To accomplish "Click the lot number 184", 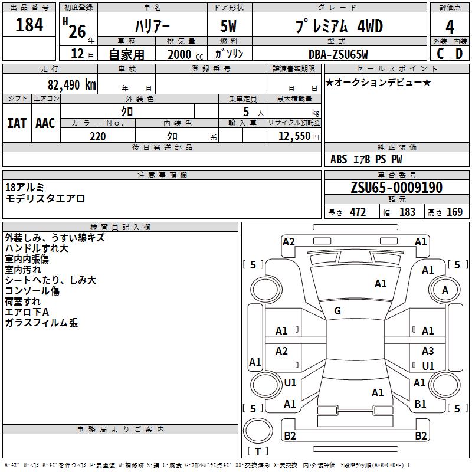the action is pyautogui.click(x=29, y=25).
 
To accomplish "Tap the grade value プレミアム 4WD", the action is pyautogui.click(x=338, y=27).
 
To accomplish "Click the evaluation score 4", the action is pyautogui.click(x=450, y=27).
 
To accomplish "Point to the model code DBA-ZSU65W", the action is pyautogui.click(x=338, y=54).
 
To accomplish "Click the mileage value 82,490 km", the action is pyautogui.click(x=71, y=84).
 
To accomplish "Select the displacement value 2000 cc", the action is pyautogui.click(x=183, y=54).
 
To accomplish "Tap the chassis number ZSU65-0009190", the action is pyautogui.click(x=396, y=188).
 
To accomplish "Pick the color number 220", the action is pyautogui.click(x=97, y=136).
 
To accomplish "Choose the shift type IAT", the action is pyautogui.click(x=17, y=123).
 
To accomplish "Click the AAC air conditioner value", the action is pyautogui.click(x=45, y=123).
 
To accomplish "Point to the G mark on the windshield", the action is pyautogui.click(x=337, y=311).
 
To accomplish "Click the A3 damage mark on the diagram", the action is pyautogui.click(x=428, y=350).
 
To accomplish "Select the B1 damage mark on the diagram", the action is pyautogui.click(x=420, y=404).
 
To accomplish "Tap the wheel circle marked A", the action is pyautogui.click(x=445, y=290).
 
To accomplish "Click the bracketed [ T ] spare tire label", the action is pyautogui.click(x=257, y=452).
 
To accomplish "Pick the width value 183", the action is pyautogui.click(x=407, y=212).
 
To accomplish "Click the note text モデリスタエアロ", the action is pyautogui.click(x=45, y=199).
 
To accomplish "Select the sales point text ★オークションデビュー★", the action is pyautogui.click(x=378, y=82).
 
